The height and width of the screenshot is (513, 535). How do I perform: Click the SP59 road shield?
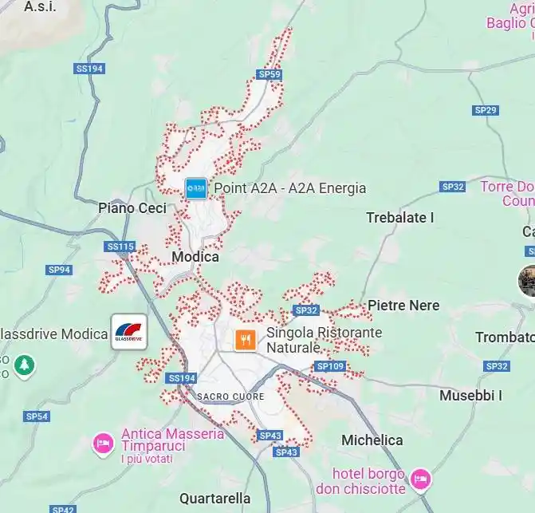(x=269, y=74)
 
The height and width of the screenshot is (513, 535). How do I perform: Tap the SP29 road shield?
(x=485, y=110)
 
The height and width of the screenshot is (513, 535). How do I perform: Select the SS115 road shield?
(x=120, y=247)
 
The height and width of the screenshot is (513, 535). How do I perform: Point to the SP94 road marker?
(x=59, y=270)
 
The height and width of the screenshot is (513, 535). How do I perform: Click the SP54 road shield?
(x=37, y=416)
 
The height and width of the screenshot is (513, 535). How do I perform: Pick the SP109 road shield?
(x=330, y=366)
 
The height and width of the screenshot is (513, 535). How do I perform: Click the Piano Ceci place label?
(x=132, y=208)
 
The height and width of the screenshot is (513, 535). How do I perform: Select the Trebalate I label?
(x=400, y=217)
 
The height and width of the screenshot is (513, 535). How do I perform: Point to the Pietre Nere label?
(x=403, y=306)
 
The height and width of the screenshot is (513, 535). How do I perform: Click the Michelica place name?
(x=372, y=440)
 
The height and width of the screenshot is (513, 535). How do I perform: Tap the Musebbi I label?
(x=470, y=395)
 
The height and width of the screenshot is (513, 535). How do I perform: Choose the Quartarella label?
(x=214, y=499)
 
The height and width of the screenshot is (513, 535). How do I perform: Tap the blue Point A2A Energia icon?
(x=195, y=188)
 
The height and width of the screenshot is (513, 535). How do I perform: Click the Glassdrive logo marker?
(x=129, y=331)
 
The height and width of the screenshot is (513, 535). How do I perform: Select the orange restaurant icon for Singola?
(x=246, y=340)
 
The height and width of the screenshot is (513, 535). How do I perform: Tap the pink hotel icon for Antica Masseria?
(x=102, y=441)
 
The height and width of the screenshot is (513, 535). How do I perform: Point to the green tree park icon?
(x=25, y=366)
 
